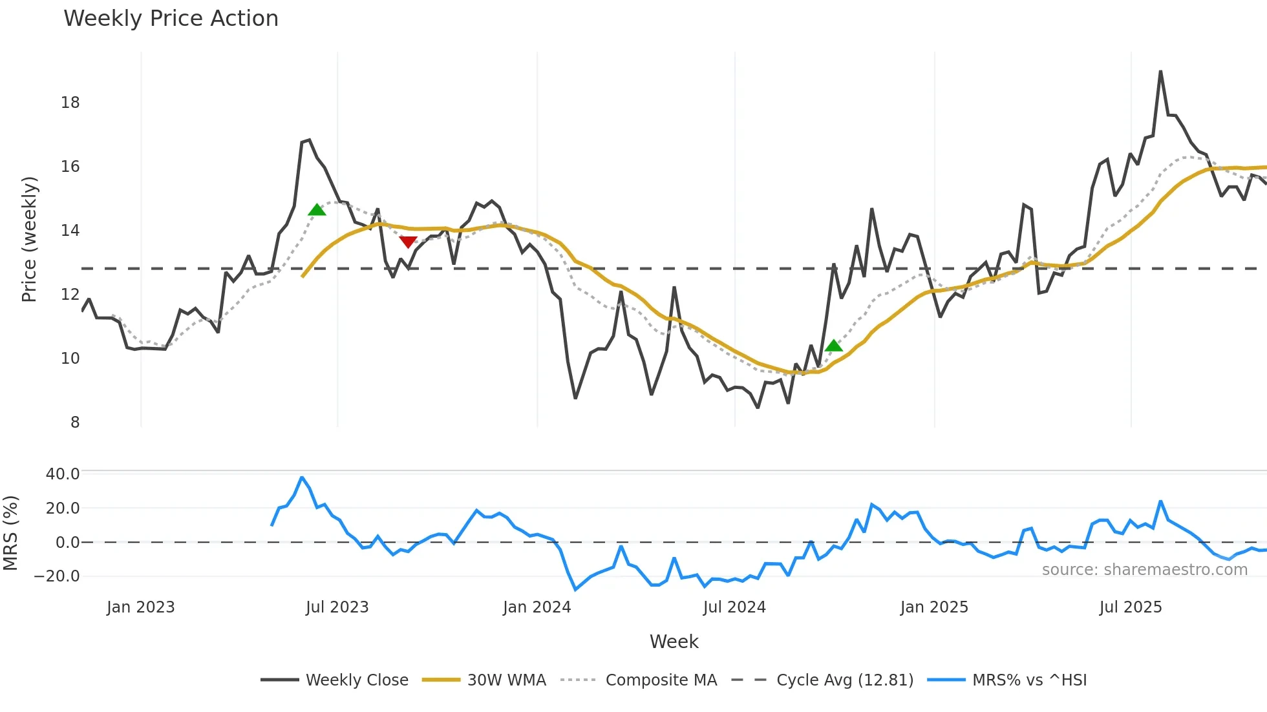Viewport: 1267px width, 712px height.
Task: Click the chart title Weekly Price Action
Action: (x=171, y=19)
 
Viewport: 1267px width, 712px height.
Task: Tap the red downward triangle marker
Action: (x=408, y=242)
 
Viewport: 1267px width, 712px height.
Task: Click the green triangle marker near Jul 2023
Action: (x=317, y=209)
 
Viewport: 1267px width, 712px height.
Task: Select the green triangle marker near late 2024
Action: (x=834, y=346)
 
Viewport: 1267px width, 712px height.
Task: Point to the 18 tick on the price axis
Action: (x=70, y=102)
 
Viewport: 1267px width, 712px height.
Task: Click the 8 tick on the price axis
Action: (x=75, y=422)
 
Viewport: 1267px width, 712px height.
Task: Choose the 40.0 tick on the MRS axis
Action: (x=63, y=474)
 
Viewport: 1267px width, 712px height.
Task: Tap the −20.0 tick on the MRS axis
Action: (x=58, y=576)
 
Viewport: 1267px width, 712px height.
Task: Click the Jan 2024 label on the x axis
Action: (x=537, y=607)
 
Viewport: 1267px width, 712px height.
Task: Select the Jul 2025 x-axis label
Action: (x=1131, y=607)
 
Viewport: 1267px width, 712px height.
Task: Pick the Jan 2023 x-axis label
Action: (x=140, y=607)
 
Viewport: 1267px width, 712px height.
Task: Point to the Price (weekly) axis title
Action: (x=29, y=239)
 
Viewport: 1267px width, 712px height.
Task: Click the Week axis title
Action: (x=674, y=642)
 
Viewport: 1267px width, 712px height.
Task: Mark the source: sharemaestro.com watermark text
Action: (x=1144, y=570)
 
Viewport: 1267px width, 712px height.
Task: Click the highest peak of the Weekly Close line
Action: (x=1160, y=72)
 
